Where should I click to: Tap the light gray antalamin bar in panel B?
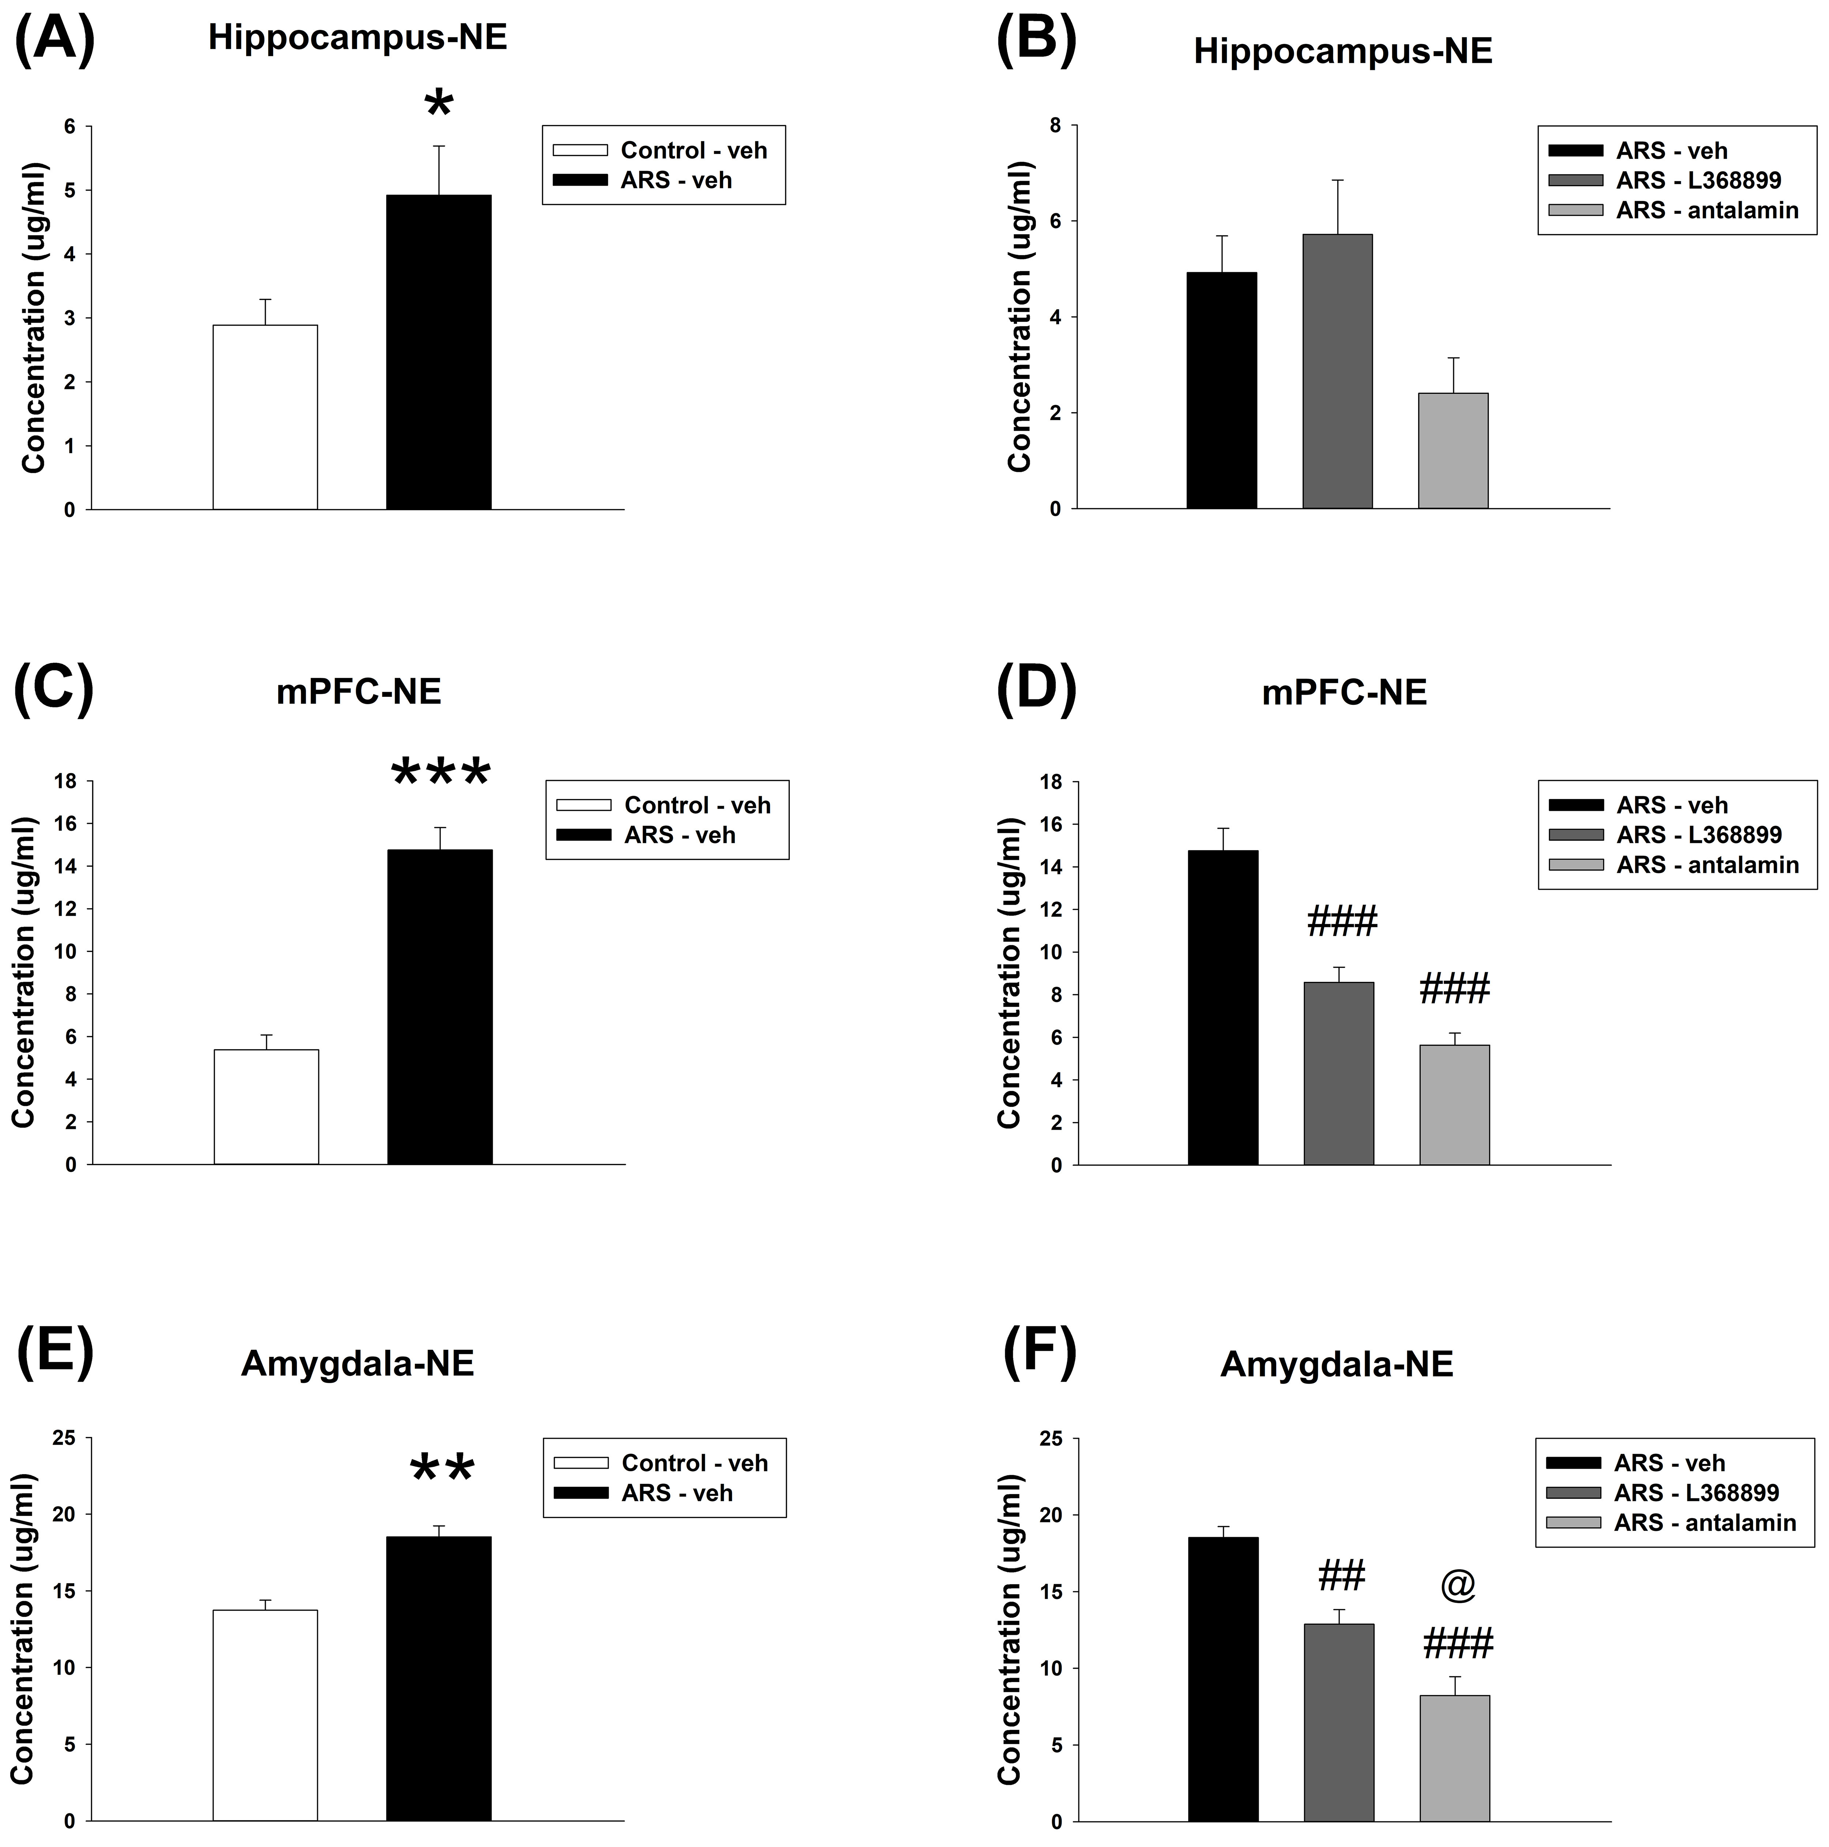coord(1452,450)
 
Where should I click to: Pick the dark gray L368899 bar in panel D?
coord(1338,1073)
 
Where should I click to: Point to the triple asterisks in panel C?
coord(441,773)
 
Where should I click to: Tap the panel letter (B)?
coord(1036,43)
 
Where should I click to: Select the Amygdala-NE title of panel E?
coord(358,1362)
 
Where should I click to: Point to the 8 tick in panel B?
coord(1055,125)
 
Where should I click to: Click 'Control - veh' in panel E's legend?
coord(694,1463)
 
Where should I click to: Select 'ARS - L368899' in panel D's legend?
coord(1698,834)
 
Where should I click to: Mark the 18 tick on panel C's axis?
coord(65,781)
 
